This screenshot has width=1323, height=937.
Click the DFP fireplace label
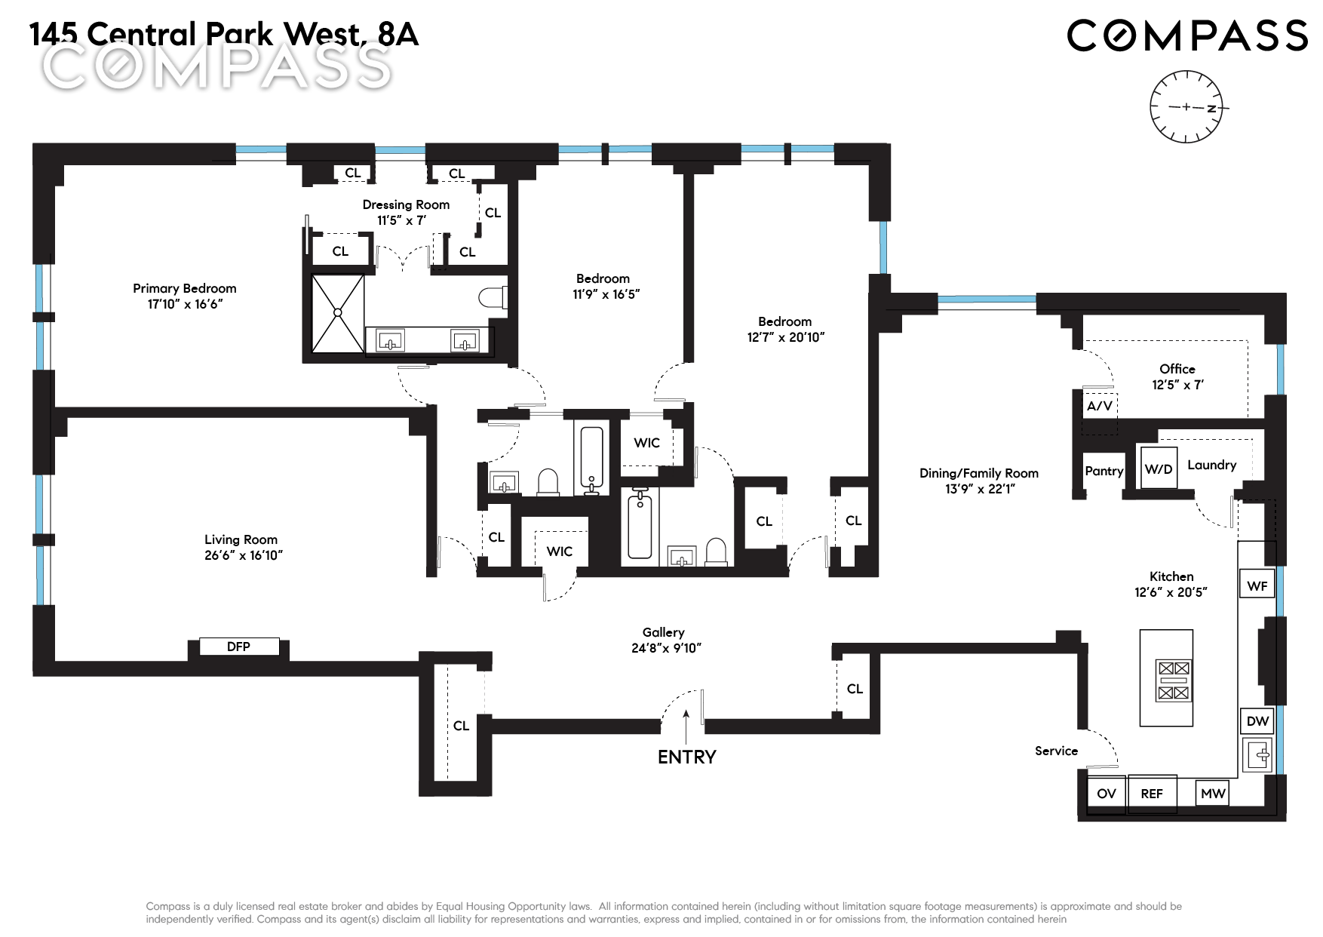pos(238,647)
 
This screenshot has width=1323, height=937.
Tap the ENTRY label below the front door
pos(686,757)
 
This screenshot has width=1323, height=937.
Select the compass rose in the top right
pos(1186,106)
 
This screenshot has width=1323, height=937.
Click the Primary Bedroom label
pos(185,288)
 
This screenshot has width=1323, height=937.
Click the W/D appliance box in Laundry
pos(1159,468)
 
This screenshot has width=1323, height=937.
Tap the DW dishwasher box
pos(1257,721)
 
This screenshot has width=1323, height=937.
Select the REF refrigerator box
pos(1152,794)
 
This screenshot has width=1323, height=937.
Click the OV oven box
pos(1107,794)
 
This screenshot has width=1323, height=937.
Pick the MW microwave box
pos(1213,793)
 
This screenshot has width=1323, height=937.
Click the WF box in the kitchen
pos(1257,585)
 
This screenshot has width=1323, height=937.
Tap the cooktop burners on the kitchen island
pos(1174,680)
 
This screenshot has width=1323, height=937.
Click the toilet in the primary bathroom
pos(493,298)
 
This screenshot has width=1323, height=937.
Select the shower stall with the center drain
pos(338,312)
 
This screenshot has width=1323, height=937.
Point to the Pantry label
pos(1104,471)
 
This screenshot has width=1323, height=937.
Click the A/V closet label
pos(1100,406)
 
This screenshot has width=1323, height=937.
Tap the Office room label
pos(1177,369)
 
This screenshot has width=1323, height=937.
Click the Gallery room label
pos(664,632)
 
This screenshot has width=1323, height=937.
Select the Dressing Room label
pos(406,204)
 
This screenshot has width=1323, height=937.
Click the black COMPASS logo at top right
pos(1186,35)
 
